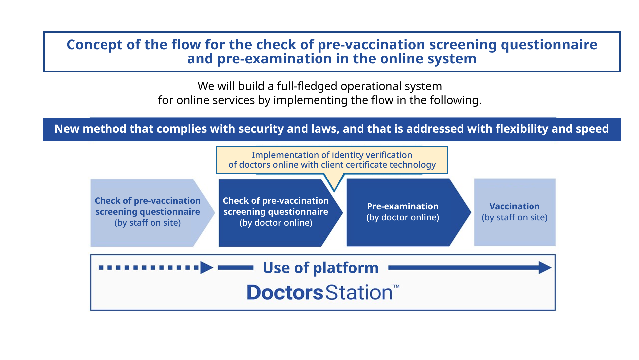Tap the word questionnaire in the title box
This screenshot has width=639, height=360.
point(549,45)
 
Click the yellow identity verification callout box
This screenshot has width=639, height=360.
point(332,160)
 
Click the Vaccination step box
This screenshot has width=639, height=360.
point(515,212)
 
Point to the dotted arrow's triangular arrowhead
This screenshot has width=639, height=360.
point(207,268)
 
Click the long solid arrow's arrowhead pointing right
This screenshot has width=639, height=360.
point(545,268)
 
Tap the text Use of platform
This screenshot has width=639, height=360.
point(320,268)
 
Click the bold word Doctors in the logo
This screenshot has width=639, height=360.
point(285,292)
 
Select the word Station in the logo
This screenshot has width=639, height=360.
point(359,292)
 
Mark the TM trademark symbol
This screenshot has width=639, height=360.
point(396,286)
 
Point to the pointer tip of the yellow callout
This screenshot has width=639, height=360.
point(334,191)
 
